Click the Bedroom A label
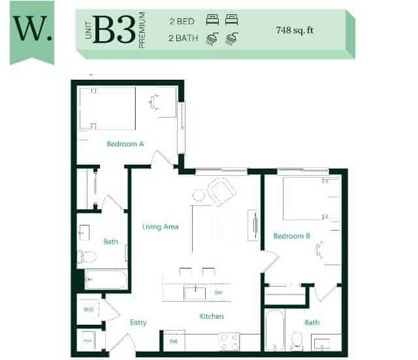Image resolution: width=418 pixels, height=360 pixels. tap(125, 144)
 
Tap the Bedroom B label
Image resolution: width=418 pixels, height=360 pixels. tap(291, 236)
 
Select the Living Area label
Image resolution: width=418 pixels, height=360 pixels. tap(161, 227)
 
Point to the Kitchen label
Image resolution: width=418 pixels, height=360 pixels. tap(212, 316)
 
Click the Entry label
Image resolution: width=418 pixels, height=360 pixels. tap(138, 322)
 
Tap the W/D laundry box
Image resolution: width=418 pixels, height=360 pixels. tap(88, 309)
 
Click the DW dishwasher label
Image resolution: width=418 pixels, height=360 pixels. tap(219, 293)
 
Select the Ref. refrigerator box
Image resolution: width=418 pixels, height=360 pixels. tap(174, 340)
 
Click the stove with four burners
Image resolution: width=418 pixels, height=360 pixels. tap(230, 340)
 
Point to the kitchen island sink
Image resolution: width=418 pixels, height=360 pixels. tap(195, 293)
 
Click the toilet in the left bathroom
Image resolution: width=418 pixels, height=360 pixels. tap(86, 256)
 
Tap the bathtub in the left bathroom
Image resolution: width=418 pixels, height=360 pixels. tap(106, 280)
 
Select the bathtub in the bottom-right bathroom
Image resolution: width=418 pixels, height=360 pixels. tap(274, 329)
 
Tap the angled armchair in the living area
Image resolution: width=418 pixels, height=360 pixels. tap(221, 192)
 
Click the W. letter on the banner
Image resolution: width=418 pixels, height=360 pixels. tap(32, 29)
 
